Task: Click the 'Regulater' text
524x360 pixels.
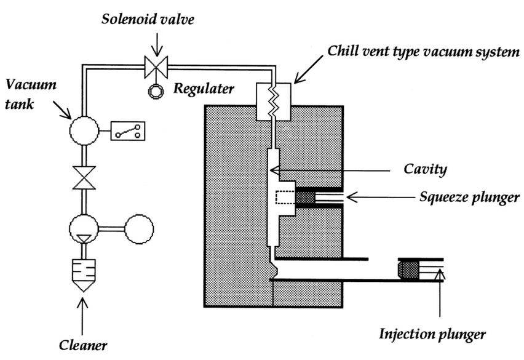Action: tap(204, 89)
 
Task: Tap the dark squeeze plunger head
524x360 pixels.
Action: tap(306, 198)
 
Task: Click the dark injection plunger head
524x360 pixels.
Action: tap(408, 269)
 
